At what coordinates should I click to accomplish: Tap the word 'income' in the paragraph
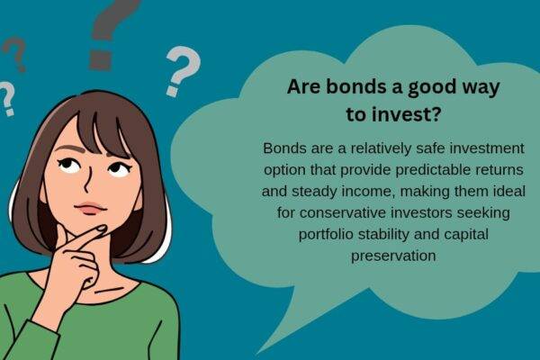(x=379, y=192)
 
